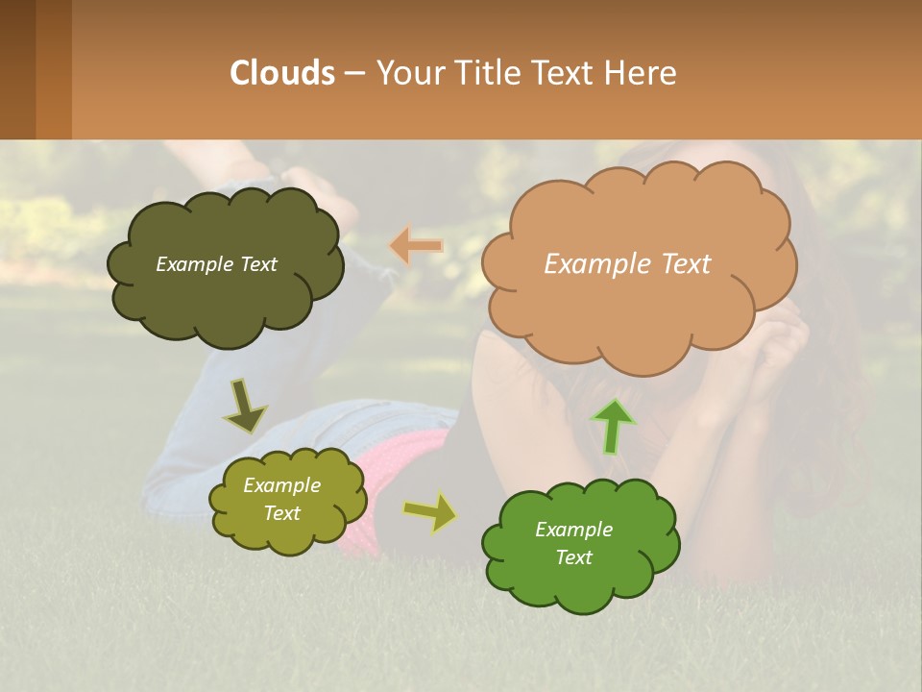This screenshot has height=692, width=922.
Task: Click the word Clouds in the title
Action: [282, 73]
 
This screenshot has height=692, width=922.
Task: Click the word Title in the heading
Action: [490, 73]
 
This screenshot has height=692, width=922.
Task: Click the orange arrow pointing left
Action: [416, 246]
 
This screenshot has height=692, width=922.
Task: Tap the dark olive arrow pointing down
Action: [244, 407]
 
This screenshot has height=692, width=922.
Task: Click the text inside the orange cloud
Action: [627, 264]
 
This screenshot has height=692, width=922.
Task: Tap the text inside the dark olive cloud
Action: [216, 264]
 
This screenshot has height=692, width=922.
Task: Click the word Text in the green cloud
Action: [573, 557]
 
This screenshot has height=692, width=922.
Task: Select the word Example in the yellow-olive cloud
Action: [281, 485]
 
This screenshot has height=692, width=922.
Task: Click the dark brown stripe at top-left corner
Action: [17, 69]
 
